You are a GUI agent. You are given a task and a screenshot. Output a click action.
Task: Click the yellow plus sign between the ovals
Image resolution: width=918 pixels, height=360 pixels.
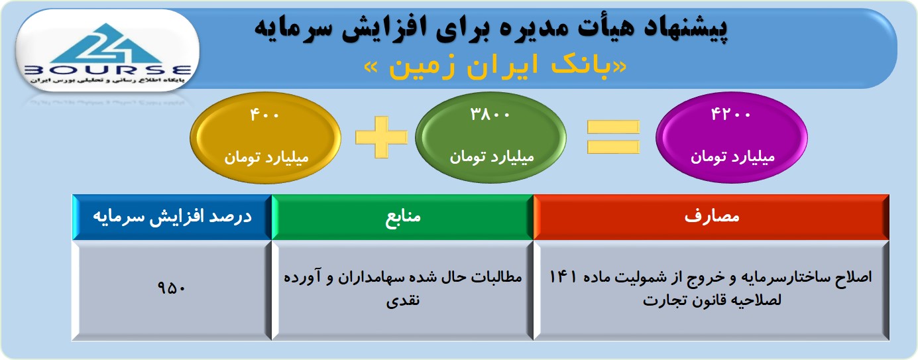click(381, 137)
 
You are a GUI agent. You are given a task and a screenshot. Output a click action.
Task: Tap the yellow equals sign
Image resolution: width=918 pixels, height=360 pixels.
click(613, 137)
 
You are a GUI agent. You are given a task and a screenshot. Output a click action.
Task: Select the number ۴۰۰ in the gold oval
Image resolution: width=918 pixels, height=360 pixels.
click(264, 115)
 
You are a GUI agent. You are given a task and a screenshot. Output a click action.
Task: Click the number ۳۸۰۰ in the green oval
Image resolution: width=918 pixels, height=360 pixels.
click(490, 114)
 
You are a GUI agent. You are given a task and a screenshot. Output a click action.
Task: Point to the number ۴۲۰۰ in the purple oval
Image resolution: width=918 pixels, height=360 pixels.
click(730, 114)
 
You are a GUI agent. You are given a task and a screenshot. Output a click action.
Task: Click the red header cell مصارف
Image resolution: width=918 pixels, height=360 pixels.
click(711, 217)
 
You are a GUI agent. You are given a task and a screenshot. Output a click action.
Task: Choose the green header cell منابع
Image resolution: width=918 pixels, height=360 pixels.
click(402, 217)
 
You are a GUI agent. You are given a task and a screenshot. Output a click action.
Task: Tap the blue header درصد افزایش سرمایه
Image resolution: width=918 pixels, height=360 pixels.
click(172, 217)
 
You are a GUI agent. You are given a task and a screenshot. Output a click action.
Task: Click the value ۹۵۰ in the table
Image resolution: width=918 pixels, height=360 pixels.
click(171, 288)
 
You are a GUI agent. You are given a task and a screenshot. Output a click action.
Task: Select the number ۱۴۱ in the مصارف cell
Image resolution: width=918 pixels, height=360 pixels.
click(563, 276)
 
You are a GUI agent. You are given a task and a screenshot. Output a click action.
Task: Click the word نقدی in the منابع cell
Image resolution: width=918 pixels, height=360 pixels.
click(403, 300)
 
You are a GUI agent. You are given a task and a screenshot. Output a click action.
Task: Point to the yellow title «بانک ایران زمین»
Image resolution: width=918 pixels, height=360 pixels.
click(496, 67)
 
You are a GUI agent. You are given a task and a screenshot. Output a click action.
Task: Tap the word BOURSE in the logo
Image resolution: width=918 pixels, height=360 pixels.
click(108, 70)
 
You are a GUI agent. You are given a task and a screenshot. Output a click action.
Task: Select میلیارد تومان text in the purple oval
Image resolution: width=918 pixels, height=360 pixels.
click(732, 157)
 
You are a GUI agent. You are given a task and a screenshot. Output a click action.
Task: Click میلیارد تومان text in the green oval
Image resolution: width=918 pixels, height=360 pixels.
click(492, 157)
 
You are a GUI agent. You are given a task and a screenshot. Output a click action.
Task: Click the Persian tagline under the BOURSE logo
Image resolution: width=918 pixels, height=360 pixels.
click(107, 80)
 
